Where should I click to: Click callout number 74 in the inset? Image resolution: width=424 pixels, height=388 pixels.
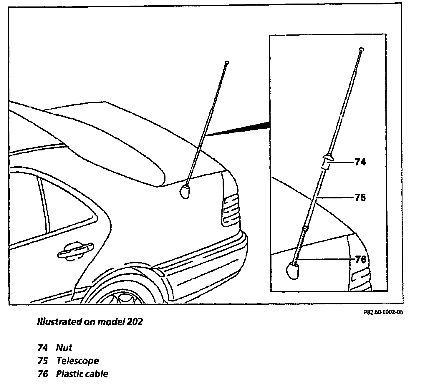[360, 162]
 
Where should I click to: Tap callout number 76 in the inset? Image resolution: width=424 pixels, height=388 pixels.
[360, 259]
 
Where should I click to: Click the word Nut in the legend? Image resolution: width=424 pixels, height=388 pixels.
[64, 348]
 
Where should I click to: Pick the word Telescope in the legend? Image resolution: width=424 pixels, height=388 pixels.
[77, 361]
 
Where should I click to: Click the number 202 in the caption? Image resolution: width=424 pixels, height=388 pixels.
[135, 322]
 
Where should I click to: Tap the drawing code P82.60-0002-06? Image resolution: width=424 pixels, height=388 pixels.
[383, 312]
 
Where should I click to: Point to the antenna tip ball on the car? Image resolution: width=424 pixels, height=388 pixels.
[227, 62]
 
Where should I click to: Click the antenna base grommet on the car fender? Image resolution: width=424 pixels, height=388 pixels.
[185, 191]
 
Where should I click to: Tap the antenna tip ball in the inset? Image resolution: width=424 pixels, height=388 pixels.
[362, 49]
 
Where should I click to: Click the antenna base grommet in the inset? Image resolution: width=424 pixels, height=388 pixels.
[293, 270]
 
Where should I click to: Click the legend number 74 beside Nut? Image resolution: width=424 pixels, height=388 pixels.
[42, 348]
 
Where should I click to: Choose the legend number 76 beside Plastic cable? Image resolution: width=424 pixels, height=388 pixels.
[43, 374]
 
